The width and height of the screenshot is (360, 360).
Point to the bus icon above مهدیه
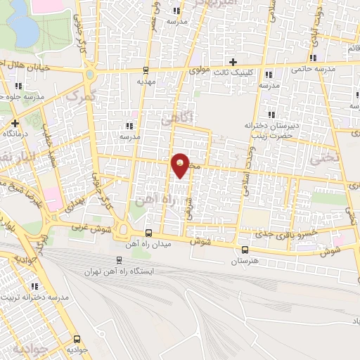click(x=146, y=70)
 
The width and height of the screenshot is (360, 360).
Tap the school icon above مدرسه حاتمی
click(x=313, y=58)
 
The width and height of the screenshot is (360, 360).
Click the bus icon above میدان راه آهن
click(x=148, y=233)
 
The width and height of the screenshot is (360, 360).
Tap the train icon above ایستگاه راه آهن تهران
click(x=118, y=259)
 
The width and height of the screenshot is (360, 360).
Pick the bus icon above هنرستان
click(x=244, y=250)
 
